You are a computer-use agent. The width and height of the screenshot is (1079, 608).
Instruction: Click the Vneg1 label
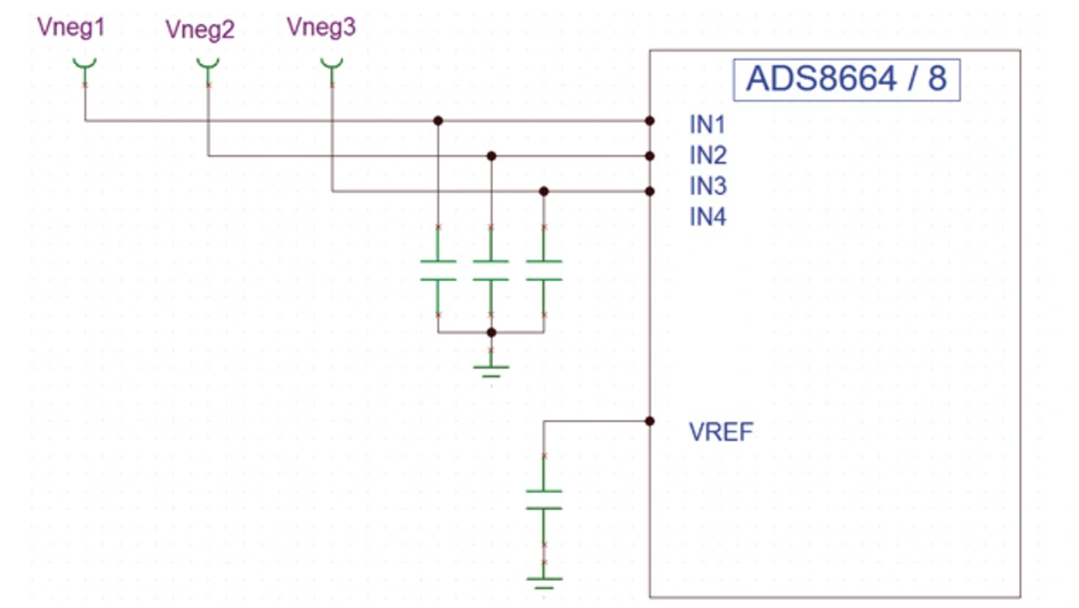[x=71, y=28]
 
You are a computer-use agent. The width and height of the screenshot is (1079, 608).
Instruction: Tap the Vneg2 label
[x=200, y=30]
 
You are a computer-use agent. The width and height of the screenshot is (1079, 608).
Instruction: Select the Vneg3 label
[x=321, y=27]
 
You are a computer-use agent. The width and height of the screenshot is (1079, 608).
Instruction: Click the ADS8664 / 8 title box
[x=846, y=79]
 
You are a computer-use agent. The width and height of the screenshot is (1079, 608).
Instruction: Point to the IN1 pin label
[x=707, y=125]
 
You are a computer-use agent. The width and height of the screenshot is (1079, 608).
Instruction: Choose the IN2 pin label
[x=707, y=155]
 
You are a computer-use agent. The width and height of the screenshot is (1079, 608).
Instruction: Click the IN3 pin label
[x=707, y=186]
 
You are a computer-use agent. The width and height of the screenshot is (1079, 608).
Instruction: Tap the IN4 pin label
[x=707, y=217]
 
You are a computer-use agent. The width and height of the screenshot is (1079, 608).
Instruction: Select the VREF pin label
[x=721, y=433]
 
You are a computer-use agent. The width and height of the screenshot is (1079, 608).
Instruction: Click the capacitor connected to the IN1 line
[x=438, y=271]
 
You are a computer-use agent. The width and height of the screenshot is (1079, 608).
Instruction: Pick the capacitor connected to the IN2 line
[x=491, y=271]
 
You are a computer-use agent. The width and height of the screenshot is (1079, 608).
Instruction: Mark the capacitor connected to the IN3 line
[x=544, y=271]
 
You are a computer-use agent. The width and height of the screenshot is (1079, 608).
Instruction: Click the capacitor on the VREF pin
[x=544, y=499]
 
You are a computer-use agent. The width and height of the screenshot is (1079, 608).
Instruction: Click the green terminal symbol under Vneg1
[x=84, y=64]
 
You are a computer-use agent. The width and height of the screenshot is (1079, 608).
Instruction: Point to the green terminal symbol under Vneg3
[x=331, y=64]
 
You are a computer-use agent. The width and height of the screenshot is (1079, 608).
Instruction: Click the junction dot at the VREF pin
[x=649, y=421]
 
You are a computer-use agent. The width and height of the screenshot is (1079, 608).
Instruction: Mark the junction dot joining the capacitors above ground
[x=491, y=332]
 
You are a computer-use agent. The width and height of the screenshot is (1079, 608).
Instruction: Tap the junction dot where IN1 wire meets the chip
[x=649, y=121]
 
